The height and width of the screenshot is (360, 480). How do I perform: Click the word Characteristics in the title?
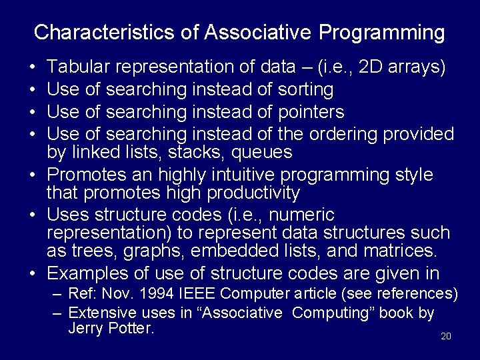pos(116,32)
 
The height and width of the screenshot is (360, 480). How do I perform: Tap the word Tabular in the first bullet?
pos(79,67)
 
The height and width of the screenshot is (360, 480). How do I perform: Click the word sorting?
pos(303,89)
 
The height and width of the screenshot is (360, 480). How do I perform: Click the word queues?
pos(261,153)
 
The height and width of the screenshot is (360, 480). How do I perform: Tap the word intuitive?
pos(232,175)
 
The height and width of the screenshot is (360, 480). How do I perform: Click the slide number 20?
pos(446,336)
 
